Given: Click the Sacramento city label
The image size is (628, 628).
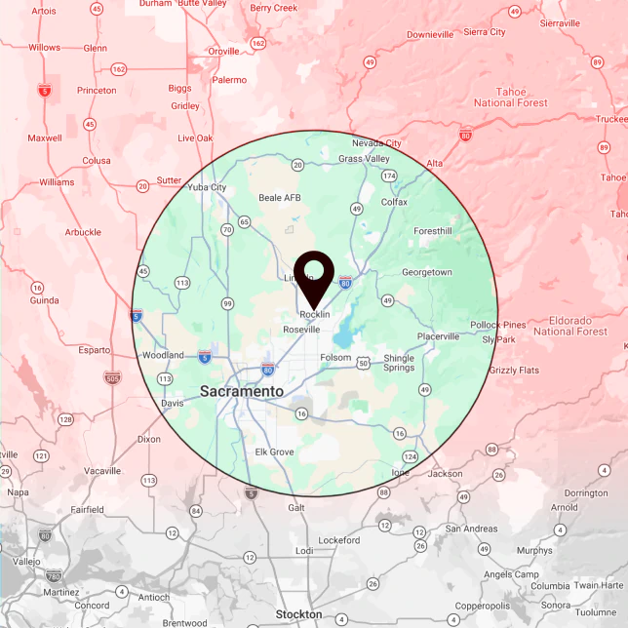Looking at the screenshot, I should pos(242,391).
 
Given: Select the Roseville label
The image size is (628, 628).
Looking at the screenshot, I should pos(301,331).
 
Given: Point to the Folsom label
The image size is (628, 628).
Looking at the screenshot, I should pos(335,358).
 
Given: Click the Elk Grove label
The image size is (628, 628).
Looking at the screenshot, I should pos(274,452).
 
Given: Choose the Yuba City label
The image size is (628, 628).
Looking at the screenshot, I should pos(207,187).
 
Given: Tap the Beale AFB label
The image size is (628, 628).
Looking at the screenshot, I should pos(280,197).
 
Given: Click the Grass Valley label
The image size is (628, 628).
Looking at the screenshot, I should pos(364,159).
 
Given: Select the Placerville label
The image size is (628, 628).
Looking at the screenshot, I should pos(438,336).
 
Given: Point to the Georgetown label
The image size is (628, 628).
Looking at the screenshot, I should pos(427,272).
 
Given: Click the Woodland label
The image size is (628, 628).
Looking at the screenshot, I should pos(163,355).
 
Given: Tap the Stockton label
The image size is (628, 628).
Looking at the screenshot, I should pos(298,614).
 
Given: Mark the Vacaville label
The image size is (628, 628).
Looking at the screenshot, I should pos(102,470).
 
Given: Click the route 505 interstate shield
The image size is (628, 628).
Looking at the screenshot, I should pos(112,376).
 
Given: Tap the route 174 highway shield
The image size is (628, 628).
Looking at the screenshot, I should pos(389,176).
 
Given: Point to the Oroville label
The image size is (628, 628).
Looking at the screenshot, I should pos(223,51).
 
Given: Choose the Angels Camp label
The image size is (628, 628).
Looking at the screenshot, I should pos(512,574).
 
